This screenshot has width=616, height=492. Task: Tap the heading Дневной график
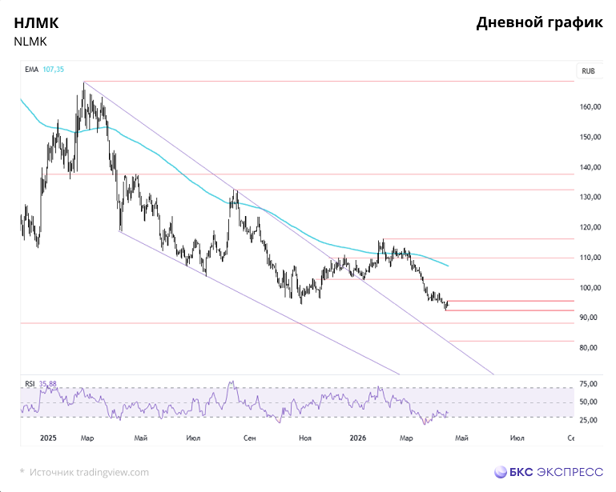click(539, 22)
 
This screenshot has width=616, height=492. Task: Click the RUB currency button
click(588, 71)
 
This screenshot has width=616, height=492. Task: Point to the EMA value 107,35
click(54, 70)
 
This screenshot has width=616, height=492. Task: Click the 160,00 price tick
click(590, 107)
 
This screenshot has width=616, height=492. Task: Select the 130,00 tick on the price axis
click(590, 198)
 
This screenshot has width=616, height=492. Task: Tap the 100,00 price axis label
click(590, 288)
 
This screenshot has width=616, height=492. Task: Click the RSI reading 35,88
click(49, 384)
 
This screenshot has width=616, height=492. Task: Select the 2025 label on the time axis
click(49, 438)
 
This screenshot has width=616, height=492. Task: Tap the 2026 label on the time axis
click(359, 438)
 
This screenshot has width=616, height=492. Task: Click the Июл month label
click(192, 438)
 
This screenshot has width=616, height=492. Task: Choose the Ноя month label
click(304, 438)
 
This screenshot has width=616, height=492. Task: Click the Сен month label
click(250, 438)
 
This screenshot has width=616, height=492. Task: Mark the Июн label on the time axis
click(517, 438)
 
